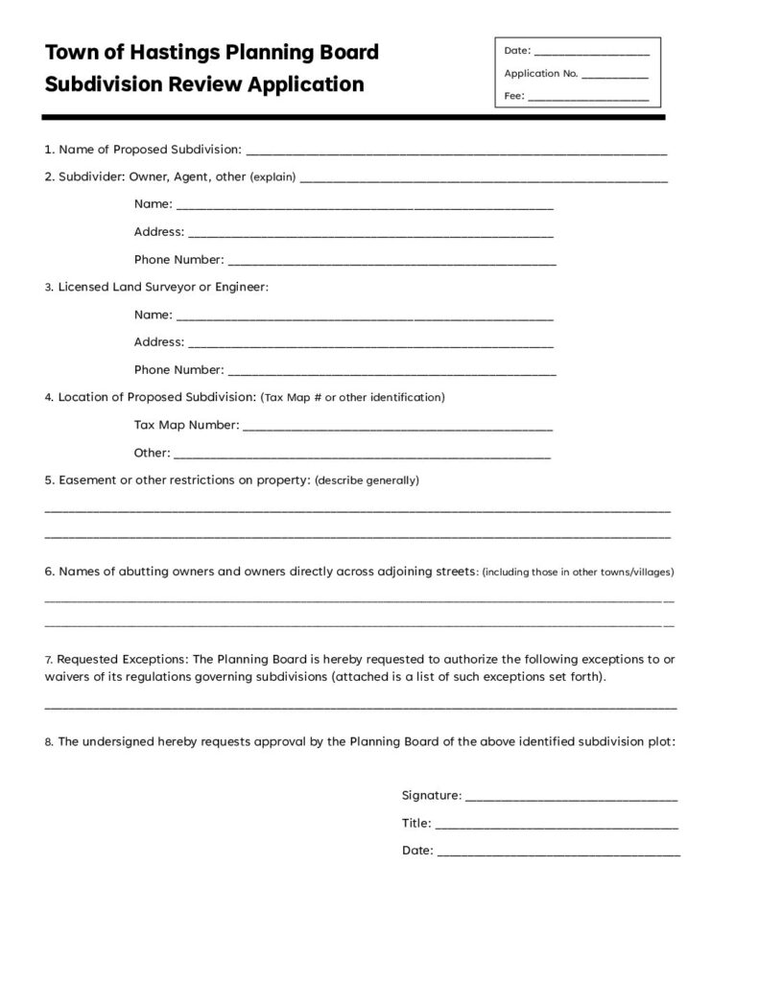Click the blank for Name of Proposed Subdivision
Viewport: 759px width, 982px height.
[456, 152]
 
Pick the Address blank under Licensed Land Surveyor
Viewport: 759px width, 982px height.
[370, 343]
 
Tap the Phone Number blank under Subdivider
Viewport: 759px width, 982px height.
[391, 261]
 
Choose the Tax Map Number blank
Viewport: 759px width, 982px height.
[397, 426]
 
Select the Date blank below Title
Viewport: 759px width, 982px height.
[558, 852]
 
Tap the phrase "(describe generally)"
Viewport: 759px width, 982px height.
[367, 479]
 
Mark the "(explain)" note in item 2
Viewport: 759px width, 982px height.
[273, 177]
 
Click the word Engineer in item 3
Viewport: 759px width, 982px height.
[241, 287]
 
